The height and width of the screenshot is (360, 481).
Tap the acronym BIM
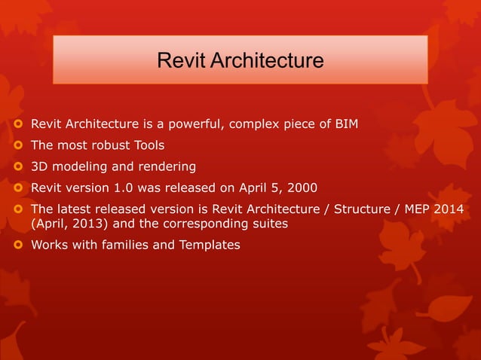click(346, 124)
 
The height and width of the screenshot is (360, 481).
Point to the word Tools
click(149, 145)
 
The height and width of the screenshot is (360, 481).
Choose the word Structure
click(360, 208)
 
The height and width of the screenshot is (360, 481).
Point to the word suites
click(269, 223)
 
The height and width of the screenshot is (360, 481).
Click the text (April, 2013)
click(67, 223)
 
